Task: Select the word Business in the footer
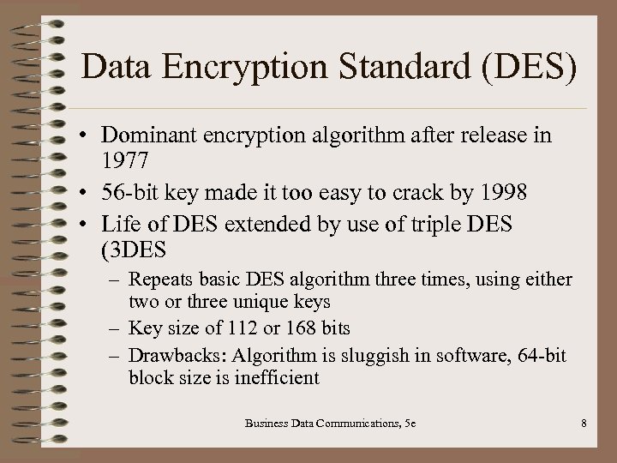click(x=269, y=422)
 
